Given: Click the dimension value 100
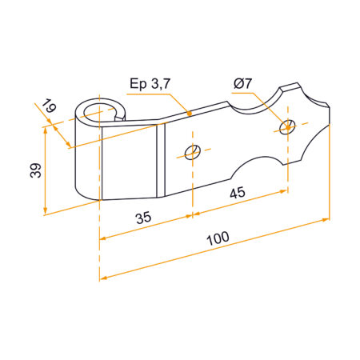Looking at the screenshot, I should click(217, 238).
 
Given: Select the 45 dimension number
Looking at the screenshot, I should click(238, 191).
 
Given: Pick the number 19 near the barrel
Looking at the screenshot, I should click(50, 106).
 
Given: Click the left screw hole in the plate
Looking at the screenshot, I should click(190, 152).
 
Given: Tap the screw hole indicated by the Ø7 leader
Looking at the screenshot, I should click(287, 124).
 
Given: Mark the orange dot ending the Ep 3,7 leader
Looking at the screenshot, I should click(190, 115).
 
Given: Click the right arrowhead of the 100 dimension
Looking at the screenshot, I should click(326, 218).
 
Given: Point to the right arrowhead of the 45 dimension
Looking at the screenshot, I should click(285, 191).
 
